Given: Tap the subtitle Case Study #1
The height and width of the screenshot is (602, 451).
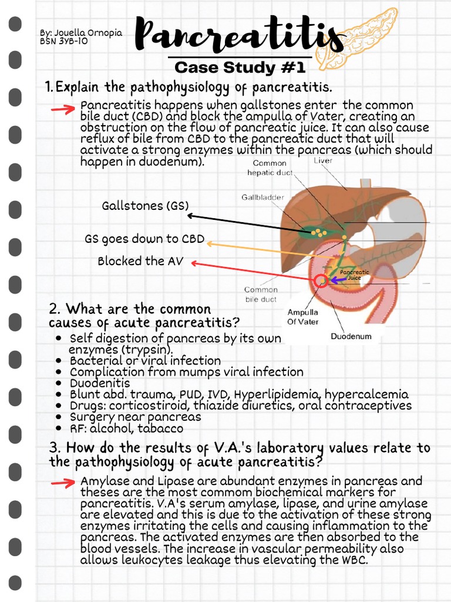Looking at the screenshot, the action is pos(240,67).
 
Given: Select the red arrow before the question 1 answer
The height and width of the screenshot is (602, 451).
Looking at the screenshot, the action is pos(62,109).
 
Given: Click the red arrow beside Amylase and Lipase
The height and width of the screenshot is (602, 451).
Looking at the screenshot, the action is pos(62,483).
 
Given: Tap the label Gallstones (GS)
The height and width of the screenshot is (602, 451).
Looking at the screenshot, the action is pos(145,206).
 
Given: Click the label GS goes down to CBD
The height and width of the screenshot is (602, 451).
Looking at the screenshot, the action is pos(144,239).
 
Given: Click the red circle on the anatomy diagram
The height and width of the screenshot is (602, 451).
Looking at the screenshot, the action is pos(321,280).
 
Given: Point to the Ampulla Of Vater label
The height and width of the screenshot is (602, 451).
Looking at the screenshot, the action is pos(303,317).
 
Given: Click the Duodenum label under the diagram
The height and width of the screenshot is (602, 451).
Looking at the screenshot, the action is pos(351,337).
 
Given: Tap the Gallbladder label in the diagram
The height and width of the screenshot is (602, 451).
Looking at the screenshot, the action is pos(261,198).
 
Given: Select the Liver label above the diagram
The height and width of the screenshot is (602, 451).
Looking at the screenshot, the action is pos(323,160).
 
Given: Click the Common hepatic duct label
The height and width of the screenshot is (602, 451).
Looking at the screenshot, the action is pos(270,168).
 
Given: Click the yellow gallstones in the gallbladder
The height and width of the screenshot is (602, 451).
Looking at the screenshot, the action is pos(318,233).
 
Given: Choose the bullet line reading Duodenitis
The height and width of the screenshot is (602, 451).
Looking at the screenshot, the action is pos(100,383).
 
